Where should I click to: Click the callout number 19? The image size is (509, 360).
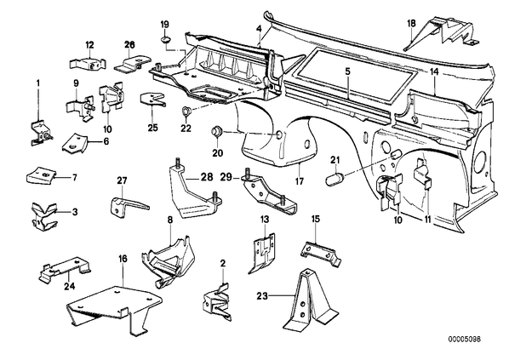164,24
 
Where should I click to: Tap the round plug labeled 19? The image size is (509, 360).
166,40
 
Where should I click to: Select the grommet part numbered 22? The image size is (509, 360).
186,111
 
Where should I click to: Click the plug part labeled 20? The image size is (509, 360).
216,132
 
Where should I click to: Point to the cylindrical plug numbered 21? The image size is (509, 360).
335,179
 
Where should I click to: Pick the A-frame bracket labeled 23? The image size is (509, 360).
310,300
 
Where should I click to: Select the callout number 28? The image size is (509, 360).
207,177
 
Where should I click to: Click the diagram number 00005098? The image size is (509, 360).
465,340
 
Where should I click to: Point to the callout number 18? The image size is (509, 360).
410,23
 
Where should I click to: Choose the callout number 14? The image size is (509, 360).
434,71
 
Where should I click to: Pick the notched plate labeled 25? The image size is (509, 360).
152,99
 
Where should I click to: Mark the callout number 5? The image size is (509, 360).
347,71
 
